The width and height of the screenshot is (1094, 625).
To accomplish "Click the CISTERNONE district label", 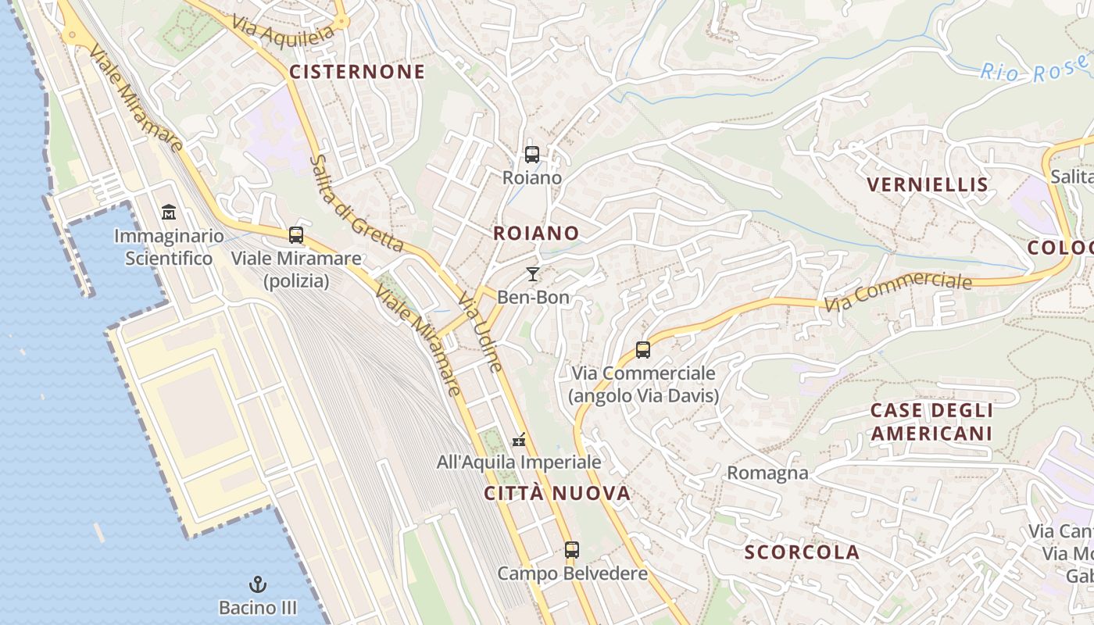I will click(x=357, y=72).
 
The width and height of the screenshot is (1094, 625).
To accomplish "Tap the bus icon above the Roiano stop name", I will click(x=532, y=155).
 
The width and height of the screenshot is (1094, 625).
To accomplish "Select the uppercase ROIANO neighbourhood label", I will click(x=536, y=233).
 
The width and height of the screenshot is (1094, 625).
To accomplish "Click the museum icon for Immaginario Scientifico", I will click(x=169, y=212).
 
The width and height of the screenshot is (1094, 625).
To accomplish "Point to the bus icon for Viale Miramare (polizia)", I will click(x=296, y=234).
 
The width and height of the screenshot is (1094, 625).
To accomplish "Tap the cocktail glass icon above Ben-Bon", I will click(x=533, y=274).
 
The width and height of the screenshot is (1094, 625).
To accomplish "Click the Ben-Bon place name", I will click(x=533, y=297).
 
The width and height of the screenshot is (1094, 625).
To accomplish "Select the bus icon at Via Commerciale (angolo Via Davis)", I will click(x=643, y=350).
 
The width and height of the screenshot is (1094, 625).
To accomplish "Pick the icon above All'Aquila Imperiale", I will click(x=519, y=440).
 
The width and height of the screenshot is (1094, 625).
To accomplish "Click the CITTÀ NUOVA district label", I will click(x=556, y=493).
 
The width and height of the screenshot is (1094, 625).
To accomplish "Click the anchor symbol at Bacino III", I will click(x=257, y=584).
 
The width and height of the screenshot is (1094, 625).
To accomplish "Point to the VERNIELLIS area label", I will click(x=928, y=185).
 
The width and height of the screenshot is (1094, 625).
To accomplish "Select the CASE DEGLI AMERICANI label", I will click(x=931, y=422).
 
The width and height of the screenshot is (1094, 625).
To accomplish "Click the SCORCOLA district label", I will click(x=802, y=552).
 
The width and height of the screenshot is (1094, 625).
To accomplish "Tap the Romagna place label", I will click(x=767, y=473).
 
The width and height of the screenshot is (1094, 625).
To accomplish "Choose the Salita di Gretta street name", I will click(x=356, y=203).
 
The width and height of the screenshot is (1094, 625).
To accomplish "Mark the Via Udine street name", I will click(x=479, y=331).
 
